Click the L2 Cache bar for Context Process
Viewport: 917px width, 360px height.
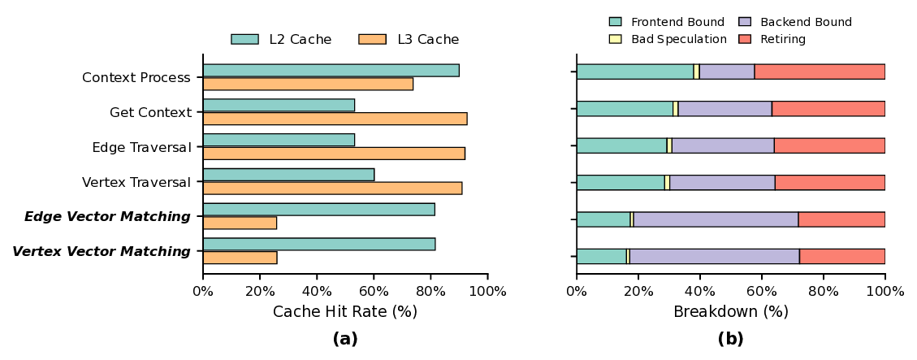point(331,71)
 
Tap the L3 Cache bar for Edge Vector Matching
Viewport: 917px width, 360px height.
point(240,223)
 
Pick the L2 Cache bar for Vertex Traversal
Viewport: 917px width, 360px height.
point(288,175)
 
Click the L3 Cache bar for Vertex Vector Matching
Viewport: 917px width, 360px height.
point(240,258)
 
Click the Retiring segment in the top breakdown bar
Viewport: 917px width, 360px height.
point(820,72)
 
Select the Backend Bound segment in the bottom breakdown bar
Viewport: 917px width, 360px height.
point(714,257)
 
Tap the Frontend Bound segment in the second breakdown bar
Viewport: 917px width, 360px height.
point(625,109)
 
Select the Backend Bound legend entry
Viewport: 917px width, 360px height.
point(794,22)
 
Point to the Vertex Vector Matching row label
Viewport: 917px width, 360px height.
point(102,252)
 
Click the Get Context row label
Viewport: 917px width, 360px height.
point(150,112)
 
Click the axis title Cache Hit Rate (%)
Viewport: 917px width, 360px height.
point(345,312)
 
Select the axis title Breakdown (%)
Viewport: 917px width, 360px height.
point(730,312)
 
